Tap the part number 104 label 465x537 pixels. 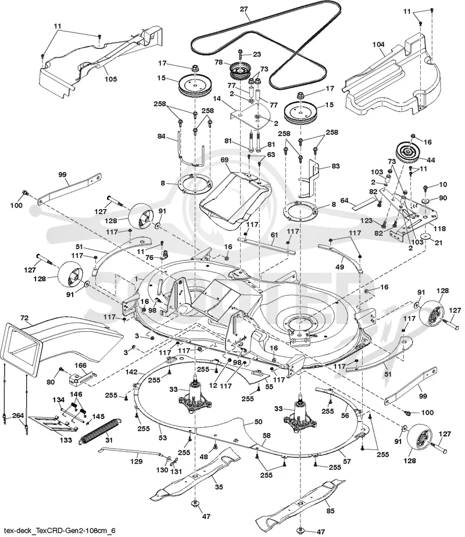(378, 44)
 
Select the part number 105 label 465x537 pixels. (110, 79)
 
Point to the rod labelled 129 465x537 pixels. (130, 452)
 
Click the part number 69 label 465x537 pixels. (224, 160)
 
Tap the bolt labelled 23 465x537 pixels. (239, 54)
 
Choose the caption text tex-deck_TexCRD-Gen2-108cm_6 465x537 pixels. (58, 531)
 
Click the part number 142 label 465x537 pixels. (131, 372)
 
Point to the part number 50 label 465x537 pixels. (258, 421)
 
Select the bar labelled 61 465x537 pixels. (266, 245)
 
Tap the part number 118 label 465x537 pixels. (439, 228)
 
